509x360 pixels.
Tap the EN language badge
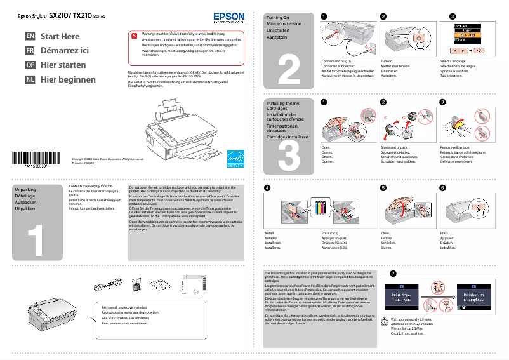coord(30,36)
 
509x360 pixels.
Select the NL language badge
coord(30,80)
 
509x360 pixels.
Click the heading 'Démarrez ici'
coord(65,51)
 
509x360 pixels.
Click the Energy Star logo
coord(235,157)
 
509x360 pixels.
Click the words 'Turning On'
coord(277,17)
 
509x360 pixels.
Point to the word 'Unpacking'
coord(25,190)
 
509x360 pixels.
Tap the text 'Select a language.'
coord(454,61)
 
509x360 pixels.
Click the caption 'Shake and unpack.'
coord(394,147)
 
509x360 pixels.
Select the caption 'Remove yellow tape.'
coord(455,147)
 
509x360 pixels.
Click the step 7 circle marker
coord(393,274)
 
